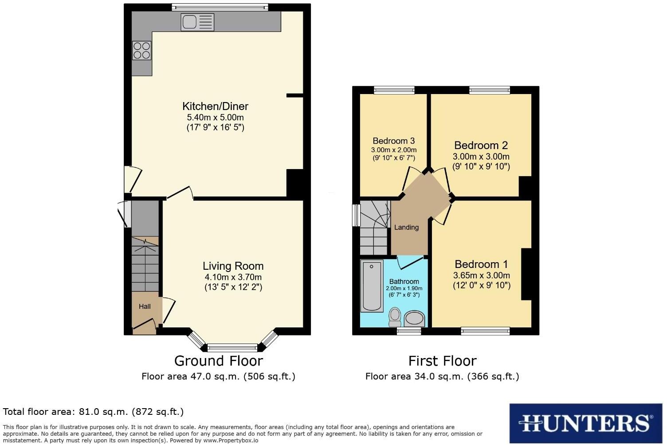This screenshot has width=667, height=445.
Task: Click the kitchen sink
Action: (x=197, y=22)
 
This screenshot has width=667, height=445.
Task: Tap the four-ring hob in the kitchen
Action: (x=141, y=50)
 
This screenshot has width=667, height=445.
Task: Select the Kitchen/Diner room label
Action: (x=215, y=106)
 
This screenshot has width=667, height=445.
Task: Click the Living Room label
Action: (x=233, y=266)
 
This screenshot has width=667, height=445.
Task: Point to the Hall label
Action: (x=145, y=307)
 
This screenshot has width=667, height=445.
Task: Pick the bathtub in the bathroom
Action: (x=372, y=286)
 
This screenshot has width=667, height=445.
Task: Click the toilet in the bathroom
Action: (x=394, y=316)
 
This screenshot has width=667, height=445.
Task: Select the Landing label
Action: (x=406, y=228)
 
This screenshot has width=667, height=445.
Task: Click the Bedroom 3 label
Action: (x=393, y=141)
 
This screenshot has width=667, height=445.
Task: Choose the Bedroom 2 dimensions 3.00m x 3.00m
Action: (x=481, y=157)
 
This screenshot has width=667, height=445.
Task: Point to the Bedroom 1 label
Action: (x=481, y=264)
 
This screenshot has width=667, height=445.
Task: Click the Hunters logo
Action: (x=585, y=423)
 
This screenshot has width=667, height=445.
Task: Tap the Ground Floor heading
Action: (x=218, y=361)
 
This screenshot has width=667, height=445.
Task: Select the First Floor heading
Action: (x=442, y=361)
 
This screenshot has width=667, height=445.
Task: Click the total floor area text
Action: (x=93, y=412)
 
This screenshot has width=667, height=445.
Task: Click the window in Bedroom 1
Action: (x=485, y=331)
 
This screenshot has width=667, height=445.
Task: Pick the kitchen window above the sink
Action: (x=220, y=7)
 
